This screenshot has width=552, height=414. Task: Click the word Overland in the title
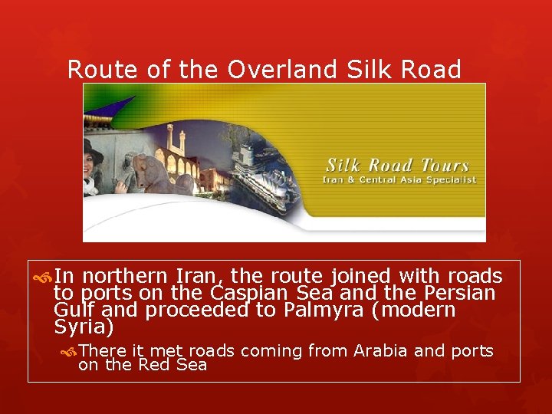[x=281, y=69]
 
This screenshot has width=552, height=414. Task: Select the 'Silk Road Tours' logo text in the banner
[x=397, y=165]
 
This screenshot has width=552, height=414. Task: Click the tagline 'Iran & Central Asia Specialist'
[x=399, y=180]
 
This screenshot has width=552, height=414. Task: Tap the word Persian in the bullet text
[x=457, y=294]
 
